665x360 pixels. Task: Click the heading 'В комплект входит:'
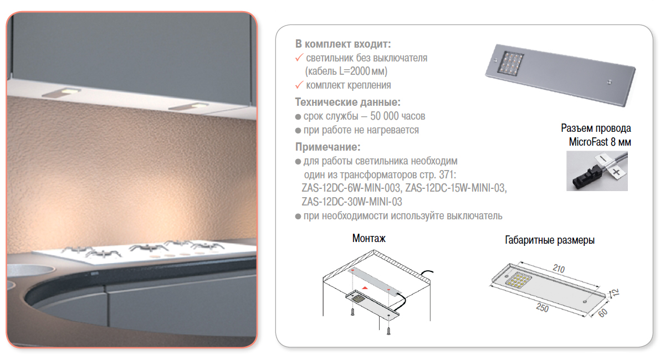coord(343,44)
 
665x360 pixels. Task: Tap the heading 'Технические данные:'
coord(347,102)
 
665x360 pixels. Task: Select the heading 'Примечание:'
coord(328,147)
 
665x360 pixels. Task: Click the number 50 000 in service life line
coord(385,116)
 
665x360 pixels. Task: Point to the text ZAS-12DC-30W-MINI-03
coord(352,202)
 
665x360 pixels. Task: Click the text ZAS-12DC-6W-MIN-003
coord(351,188)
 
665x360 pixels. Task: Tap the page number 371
coord(447,174)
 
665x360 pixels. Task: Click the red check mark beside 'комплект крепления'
coord(299,85)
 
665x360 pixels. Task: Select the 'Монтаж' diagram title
coord(369,238)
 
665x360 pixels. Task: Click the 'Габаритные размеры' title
coord(550,240)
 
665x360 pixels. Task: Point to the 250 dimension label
coord(543,308)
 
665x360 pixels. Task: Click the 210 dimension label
coord(559,269)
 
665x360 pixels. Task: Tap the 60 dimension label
coord(603,313)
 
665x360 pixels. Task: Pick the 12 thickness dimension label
coord(616,292)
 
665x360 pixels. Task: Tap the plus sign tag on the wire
coord(616,172)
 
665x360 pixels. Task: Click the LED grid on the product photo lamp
coord(511,63)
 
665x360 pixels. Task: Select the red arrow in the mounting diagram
coord(365,287)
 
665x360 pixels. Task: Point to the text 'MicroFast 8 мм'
coord(600,142)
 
